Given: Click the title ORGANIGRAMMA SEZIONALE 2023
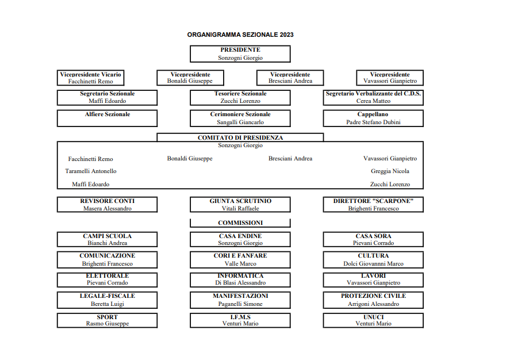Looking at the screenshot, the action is (240, 35).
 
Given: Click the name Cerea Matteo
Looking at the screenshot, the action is (373, 101).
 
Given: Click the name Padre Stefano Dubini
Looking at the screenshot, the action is (373, 122).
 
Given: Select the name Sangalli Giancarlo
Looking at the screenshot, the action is (240, 122).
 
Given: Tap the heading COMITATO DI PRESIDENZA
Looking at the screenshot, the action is (240, 137).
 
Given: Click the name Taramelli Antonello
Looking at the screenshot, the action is (91, 171).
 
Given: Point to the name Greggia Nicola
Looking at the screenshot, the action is (390, 171).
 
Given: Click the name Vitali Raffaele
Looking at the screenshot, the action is (240, 209).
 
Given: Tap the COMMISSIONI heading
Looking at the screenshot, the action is (240, 223).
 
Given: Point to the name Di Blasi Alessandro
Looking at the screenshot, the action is (240, 282).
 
